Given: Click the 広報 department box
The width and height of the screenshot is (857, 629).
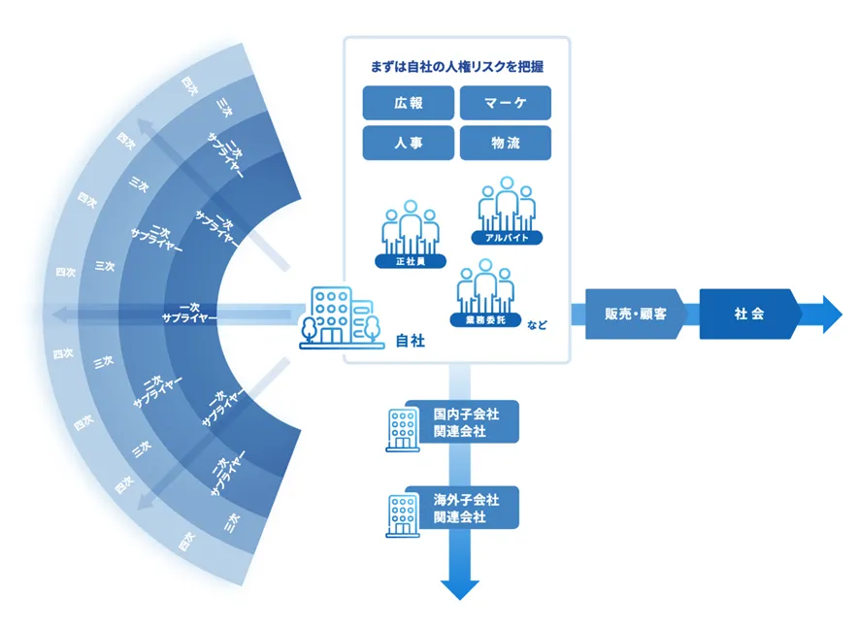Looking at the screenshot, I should coord(409,103).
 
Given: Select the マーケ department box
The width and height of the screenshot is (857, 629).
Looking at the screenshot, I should coord(505,103).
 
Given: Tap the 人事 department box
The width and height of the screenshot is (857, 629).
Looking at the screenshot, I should coord(409,143).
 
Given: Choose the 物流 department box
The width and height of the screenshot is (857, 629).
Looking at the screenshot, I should coord(505,143).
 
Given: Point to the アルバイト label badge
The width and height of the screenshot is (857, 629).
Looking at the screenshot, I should coord(506,237).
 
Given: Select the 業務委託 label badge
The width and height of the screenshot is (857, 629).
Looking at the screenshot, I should coord(484,318).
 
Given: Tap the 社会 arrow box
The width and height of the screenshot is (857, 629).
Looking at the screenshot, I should coord(748,314).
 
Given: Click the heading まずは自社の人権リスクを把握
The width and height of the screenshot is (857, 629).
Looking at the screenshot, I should coord(456,67).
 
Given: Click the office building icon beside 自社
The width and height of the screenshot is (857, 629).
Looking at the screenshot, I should coord(339,315).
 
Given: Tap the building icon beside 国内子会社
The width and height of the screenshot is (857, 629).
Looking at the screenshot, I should coord(402,428).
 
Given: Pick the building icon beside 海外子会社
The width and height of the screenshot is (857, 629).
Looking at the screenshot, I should coord(402,514).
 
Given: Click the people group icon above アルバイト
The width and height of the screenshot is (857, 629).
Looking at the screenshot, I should coord(507,204).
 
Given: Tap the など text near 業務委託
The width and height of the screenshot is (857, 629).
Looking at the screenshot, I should coord(537,325).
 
